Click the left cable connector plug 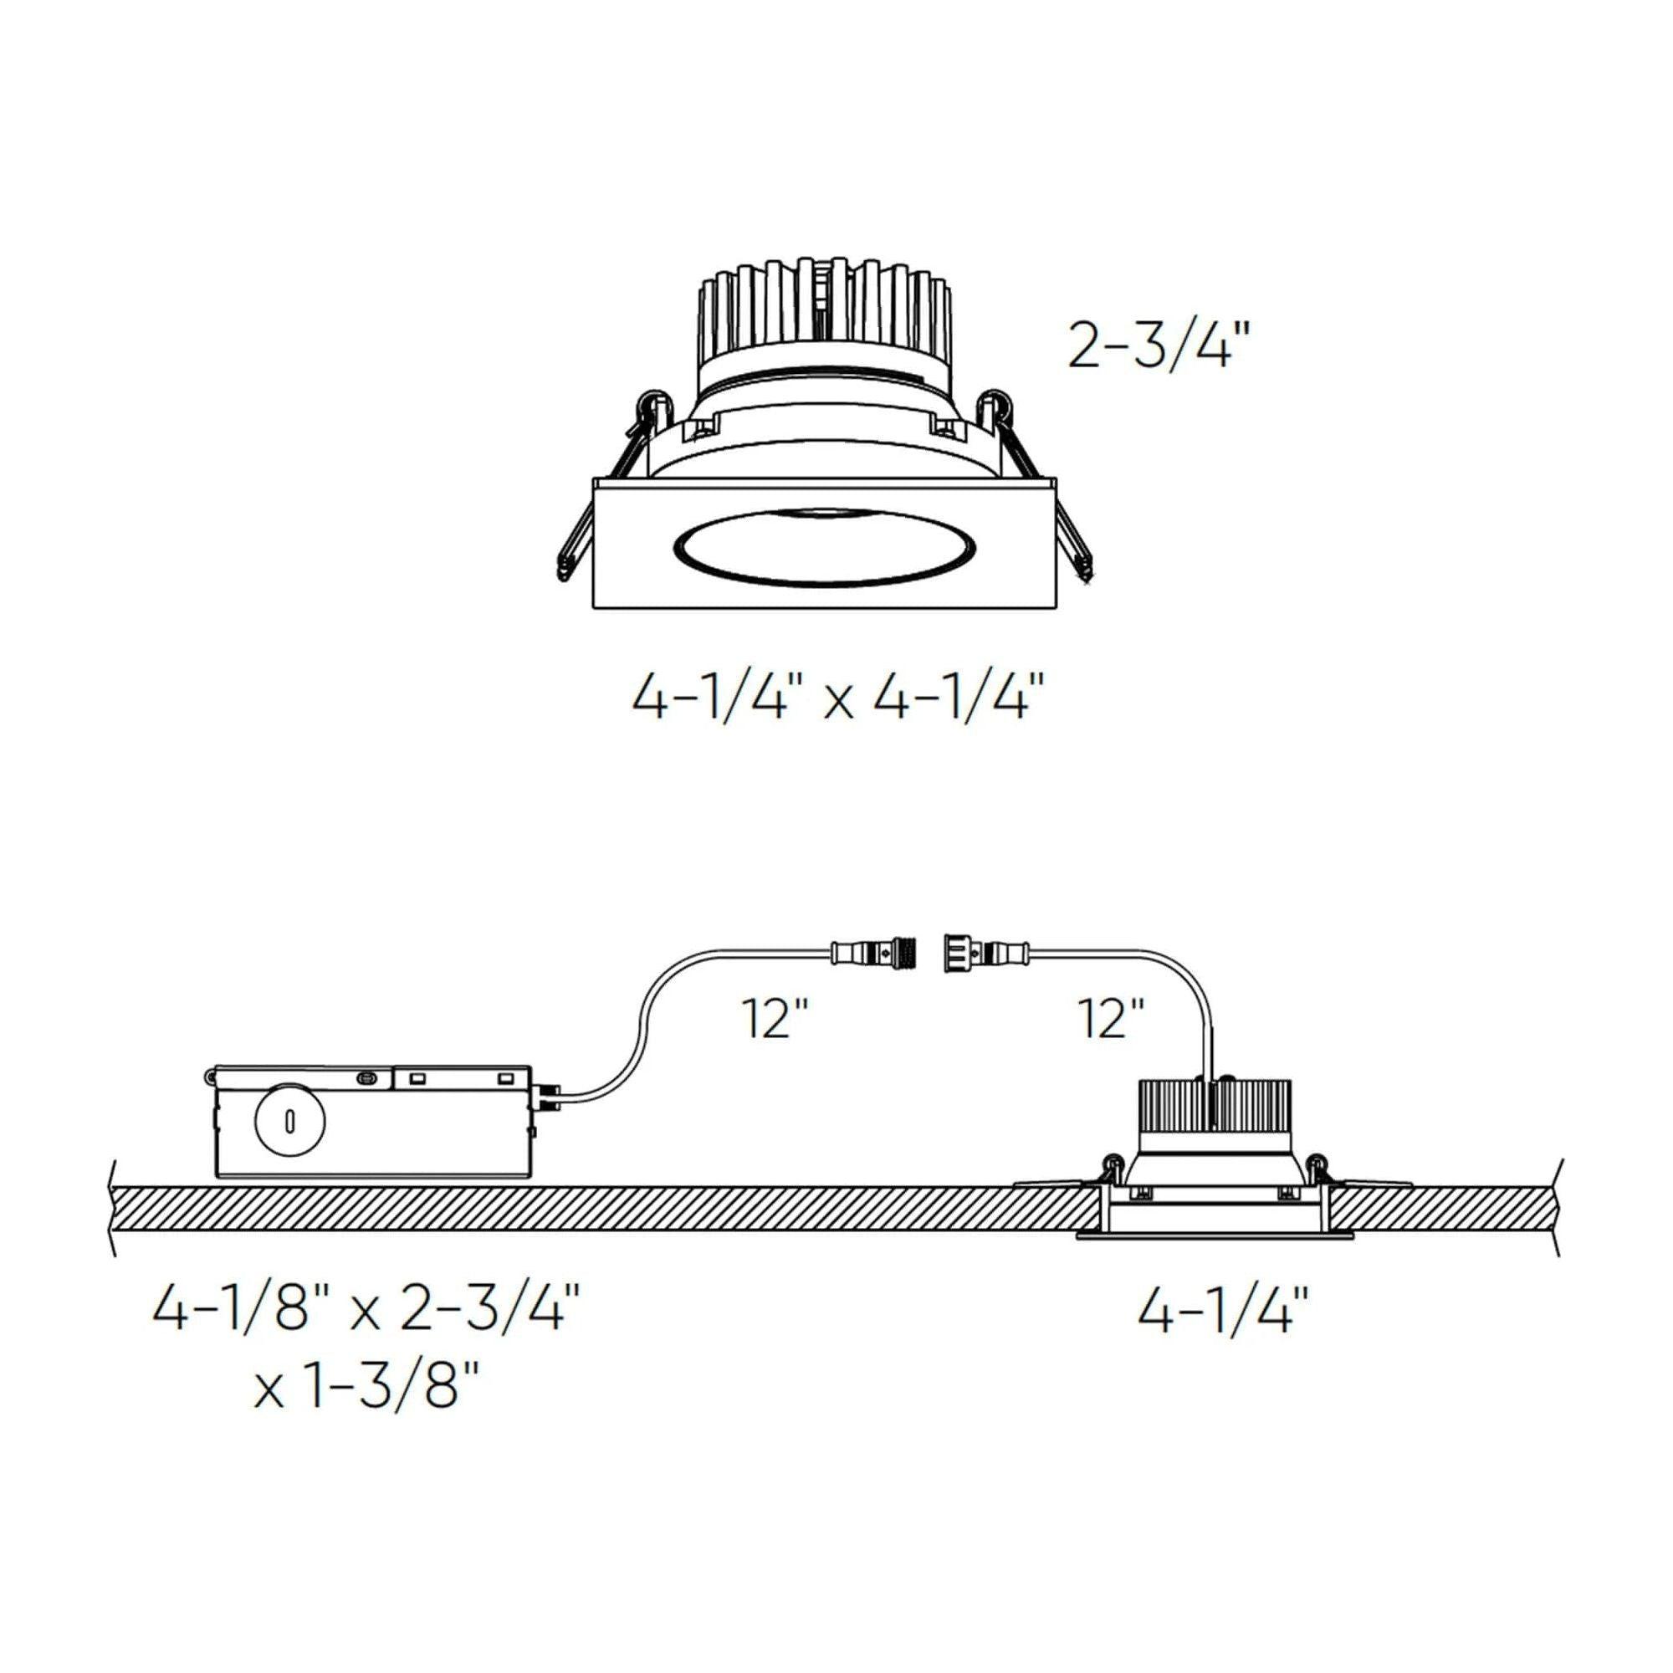point(875,954)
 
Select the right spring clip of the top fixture point(1039,485)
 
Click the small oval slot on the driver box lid point(366,1078)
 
